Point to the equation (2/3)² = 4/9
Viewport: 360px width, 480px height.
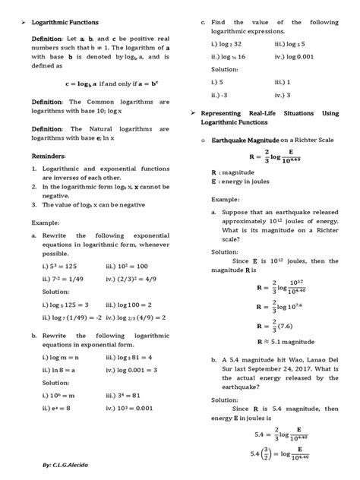[x=143, y=279]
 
